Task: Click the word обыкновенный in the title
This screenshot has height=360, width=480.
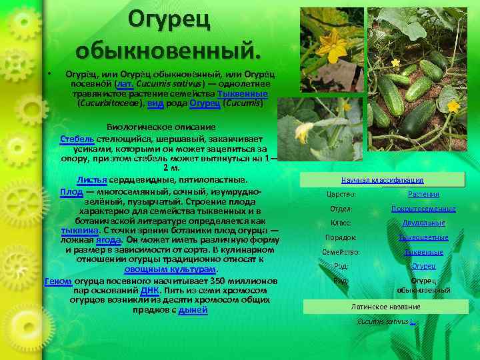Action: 169,50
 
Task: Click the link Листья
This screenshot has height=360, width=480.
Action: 91,180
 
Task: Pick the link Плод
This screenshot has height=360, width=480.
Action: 71,191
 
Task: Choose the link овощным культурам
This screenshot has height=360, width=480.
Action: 170,269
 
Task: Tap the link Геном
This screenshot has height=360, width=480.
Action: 58,281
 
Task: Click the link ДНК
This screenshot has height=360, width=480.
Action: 149,291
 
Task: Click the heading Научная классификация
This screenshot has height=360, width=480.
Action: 382,180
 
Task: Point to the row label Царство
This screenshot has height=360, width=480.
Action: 341,195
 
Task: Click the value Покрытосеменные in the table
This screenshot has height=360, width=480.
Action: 423,209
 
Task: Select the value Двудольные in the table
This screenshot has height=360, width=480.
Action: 423,223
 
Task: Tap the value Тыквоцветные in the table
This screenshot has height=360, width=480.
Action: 423,238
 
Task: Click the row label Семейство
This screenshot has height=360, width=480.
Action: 341,253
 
